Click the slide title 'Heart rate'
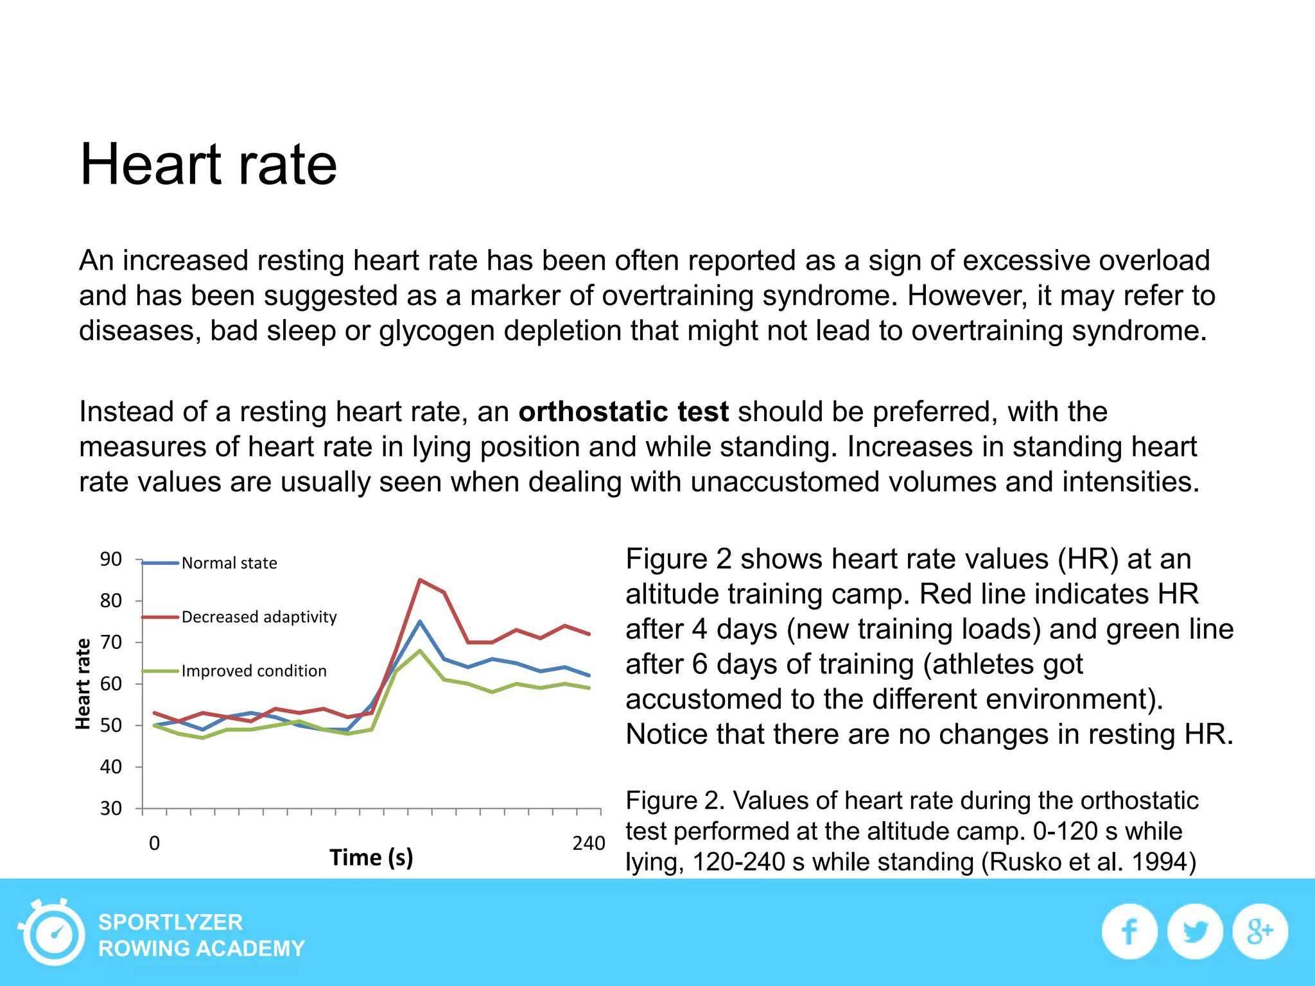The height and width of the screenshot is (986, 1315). pos(209,164)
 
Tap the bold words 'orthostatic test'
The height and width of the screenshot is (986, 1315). pos(623,411)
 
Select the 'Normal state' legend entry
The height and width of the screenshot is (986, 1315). pos(209,563)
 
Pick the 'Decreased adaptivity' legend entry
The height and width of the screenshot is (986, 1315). pos(239,617)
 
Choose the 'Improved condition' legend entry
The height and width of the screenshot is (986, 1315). pos(234,671)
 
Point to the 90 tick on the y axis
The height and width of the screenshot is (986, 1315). pos(110,559)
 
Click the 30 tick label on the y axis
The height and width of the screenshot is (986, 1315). pos(110,808)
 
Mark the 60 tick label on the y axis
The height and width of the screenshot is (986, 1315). pos(110,684)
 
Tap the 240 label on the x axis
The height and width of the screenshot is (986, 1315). pos(589,843)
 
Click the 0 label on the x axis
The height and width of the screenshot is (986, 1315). pos(154,843)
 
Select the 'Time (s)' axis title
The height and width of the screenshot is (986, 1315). pos(371,858)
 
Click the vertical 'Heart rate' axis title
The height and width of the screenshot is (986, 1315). pos(83,684)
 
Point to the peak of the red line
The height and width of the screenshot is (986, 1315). pos(419,580)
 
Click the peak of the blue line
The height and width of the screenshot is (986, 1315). pos(419,621)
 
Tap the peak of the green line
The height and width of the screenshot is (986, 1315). pos(419,650)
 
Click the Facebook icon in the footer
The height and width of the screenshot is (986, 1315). pos(1129,931)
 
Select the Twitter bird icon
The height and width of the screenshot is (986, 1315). pos(1195,931)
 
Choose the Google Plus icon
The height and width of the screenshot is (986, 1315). pos(1260,931)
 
